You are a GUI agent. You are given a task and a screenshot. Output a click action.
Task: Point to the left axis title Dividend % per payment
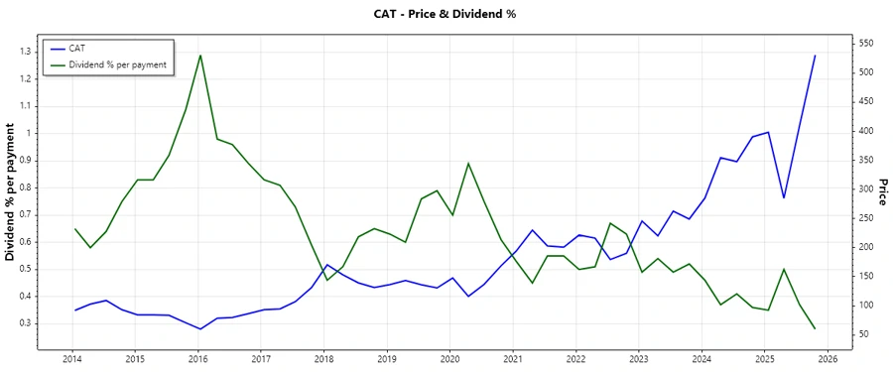[11, 192]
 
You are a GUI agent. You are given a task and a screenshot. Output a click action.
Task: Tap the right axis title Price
[882, 192]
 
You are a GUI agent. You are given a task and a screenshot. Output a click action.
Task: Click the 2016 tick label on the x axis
[198, 359]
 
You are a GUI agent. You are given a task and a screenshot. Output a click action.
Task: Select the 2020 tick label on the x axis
[449, 359]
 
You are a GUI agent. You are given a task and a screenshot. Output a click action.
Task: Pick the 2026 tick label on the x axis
[828, 359]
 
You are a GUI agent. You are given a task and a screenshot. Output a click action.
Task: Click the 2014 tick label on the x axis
[72, 359]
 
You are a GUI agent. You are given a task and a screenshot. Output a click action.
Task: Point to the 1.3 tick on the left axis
[26, 51]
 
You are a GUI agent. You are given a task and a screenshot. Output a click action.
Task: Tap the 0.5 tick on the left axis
[26, 269]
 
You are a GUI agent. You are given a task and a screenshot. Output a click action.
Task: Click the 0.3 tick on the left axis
[26, 323]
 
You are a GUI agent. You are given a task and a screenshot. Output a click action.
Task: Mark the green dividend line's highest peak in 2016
[200, 55]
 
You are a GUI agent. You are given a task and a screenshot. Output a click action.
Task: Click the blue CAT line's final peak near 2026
[815, 56]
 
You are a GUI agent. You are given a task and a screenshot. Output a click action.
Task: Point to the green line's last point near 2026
[815, 328]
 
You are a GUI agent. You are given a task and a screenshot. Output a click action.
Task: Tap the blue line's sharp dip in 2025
[784, 197]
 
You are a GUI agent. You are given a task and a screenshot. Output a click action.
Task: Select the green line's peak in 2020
[468, 163]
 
